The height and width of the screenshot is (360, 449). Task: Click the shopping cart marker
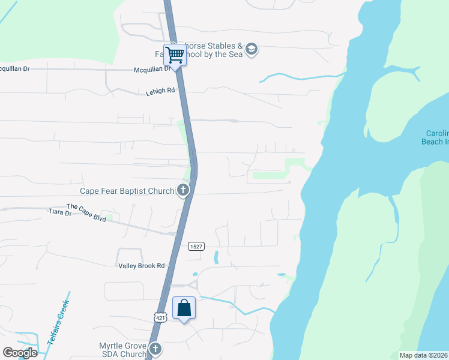pos(175,55)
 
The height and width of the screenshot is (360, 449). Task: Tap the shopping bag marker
pos(184,308)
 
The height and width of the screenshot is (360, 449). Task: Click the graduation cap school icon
pos(252,49)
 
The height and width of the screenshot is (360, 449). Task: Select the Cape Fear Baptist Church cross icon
pos(183,191)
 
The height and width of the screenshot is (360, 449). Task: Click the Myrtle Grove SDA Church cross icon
pos(155,349)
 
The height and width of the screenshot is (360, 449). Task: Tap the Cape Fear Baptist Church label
pos(127,191)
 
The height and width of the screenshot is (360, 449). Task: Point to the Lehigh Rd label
pos(160,91)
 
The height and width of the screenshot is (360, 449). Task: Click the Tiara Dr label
pos(59,212)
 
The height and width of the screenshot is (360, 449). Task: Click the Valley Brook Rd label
pos(140,265)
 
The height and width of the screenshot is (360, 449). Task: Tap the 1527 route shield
pos(196,246)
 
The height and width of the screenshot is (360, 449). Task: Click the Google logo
pos(20,352)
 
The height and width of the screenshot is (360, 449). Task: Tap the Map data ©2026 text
pos(423,355)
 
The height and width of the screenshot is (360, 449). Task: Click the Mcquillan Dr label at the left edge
pos(14,68)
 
